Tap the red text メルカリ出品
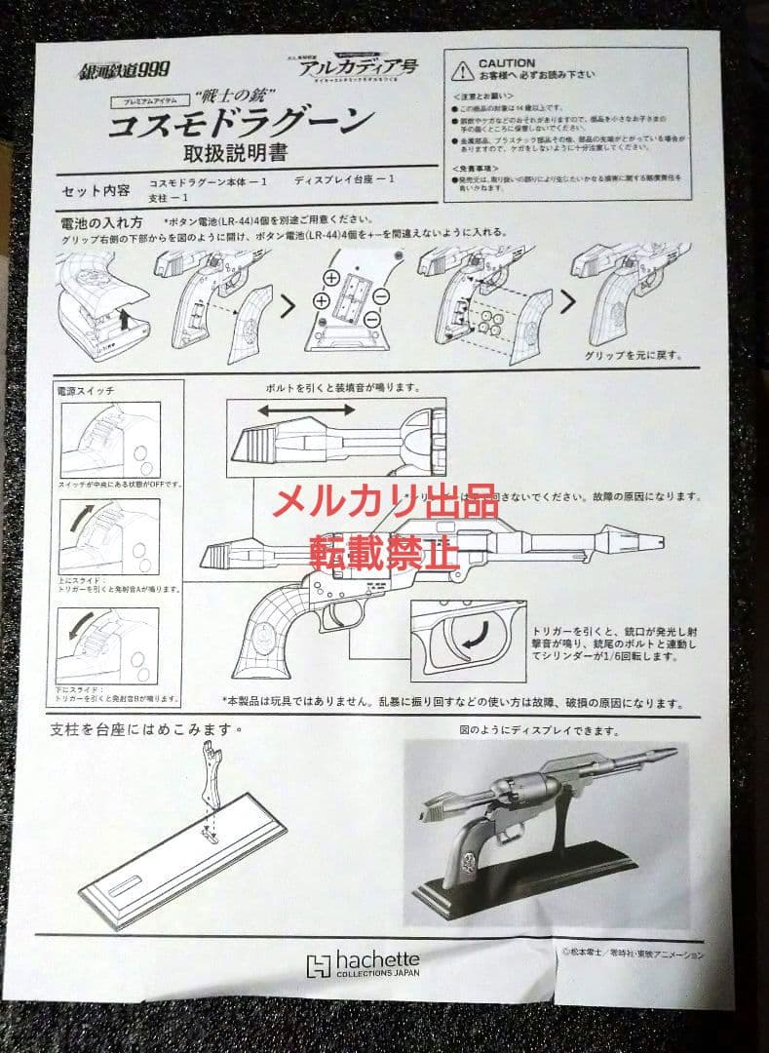pos(385,502)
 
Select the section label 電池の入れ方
pos(102,223)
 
